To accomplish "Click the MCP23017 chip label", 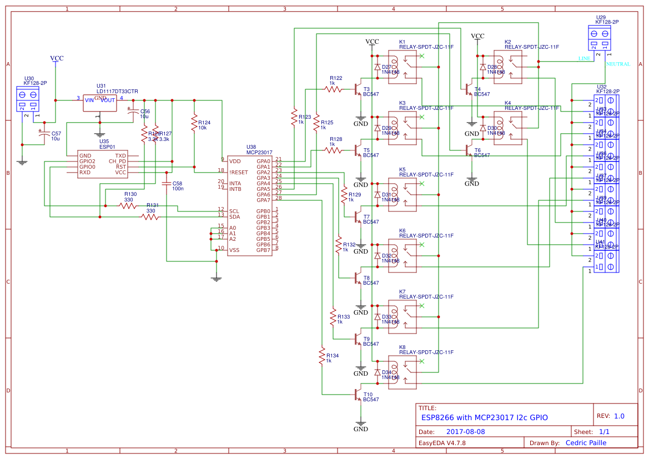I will point(259,152).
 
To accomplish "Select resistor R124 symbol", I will point(194,123).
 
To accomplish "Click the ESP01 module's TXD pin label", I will point(120,156).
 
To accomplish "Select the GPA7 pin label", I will point(263,200).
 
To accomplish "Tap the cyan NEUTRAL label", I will point(618,64).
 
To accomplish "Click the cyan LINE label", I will point(584,58).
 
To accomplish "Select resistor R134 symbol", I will point(321,355).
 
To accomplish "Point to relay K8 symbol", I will point(403,372).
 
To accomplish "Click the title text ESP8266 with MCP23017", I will point(484,417).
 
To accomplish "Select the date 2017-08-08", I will point(465,431).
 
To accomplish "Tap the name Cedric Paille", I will point(586,443).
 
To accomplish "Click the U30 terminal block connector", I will point(28,98).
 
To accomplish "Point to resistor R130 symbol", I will point(128,205).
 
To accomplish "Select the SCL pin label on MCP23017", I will point(234,211).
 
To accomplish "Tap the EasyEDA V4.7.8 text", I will point(442,443).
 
